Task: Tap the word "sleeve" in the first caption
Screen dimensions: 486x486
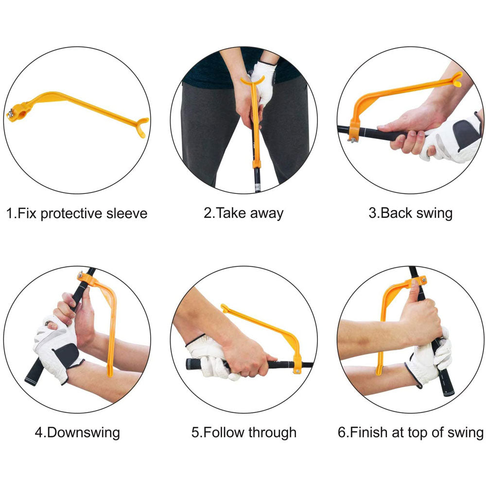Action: coord(127,213)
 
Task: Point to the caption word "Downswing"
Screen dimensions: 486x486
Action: coord(84,433)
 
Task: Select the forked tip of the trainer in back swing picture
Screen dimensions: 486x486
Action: coord(456,79)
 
